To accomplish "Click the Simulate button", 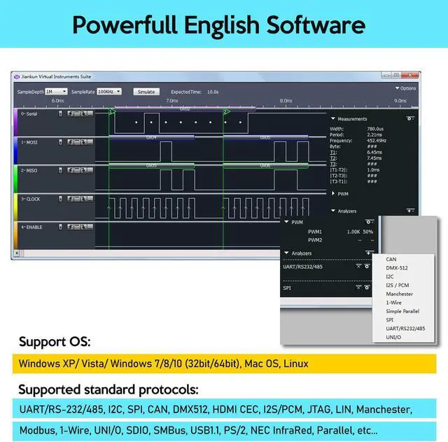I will (x=146, y=91).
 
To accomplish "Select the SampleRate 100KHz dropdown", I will (x=109, y=91).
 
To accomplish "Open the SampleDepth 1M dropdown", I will (x=55, y=91).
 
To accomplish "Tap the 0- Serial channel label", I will (x=30, y=113).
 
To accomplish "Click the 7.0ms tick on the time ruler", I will (x=171, y=101).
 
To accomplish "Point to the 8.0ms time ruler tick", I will (x=286, y=101).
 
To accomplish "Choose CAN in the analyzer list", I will (x=391, y=259).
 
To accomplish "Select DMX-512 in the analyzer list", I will (x=396, y=268).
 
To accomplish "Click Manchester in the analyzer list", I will (x=399, y=294).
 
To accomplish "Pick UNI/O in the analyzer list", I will (x=393, y=337).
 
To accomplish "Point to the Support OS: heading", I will (x=55, y=343).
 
